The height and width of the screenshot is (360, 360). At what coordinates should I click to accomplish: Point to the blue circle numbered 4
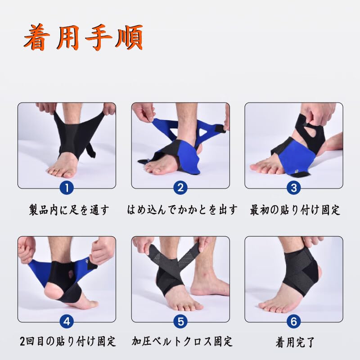(67, 321)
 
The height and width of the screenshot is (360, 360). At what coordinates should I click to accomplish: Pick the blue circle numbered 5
(180, 321)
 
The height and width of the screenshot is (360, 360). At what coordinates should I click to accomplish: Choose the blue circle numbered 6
(293, 321)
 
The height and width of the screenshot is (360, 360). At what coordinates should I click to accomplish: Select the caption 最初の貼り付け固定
(295, 210)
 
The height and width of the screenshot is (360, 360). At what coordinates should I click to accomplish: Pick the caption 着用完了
(295, 342)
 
